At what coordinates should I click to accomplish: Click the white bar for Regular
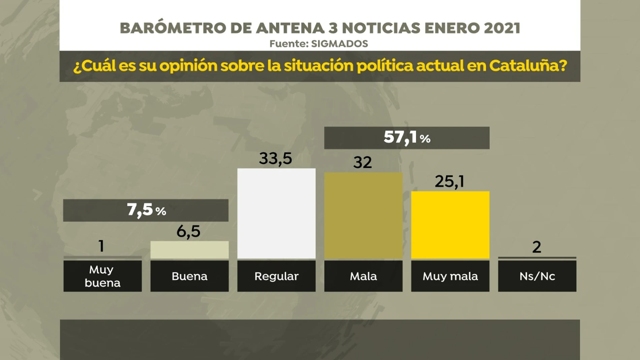click(x=276, y=214)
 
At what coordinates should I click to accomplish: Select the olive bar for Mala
click(x=363, y=216)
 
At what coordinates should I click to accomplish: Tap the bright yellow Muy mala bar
click(x=450, y=225)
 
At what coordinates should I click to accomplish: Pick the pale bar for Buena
click(x=189, y=250)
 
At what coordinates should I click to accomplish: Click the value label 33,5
click(x=275, y=159)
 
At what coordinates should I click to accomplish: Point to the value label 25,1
click(x=449, y=182)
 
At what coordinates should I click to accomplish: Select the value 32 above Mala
click(x=362, y=163)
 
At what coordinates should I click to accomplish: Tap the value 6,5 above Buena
click(x=188, y=231)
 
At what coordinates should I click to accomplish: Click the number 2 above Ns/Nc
click(x=537, y=247)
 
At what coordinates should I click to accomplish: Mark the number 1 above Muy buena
click(x=101, y=246)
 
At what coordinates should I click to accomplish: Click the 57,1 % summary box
click(x=407, y=138)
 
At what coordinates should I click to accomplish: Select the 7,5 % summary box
click(x=146, y=210)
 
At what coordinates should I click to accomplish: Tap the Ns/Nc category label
click(x=537, y=276)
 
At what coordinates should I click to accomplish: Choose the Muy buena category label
click(x=102, y=276)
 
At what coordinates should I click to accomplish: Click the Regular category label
click(x=276, y=276)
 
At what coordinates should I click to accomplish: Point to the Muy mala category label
click(x=450, y=276)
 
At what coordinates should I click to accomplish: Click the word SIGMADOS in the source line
click(x=339, y=44)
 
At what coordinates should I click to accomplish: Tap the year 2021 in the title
click(x=502, y=28)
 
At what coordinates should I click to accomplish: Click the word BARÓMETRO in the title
click(x=173, y=28)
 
